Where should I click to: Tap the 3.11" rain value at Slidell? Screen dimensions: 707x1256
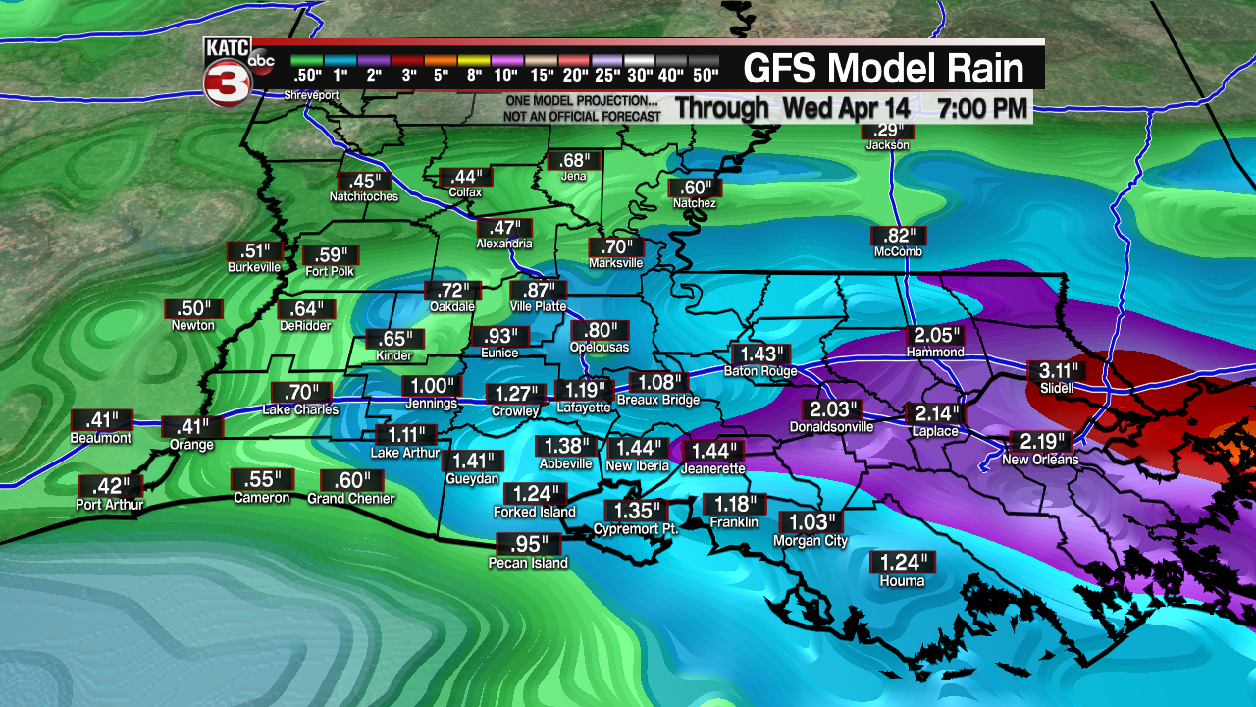point(1057,371)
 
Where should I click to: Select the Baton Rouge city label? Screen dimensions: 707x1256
point(760,371)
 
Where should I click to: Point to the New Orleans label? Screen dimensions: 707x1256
point(1040,460)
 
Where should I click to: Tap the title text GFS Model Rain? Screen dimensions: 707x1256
point(883,69)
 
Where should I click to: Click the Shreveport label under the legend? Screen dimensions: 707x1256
point(311,95)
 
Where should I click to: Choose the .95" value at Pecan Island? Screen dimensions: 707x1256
point(529,544)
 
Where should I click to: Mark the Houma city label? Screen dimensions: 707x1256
point(902,581)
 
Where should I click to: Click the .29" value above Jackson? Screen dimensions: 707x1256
point(887,132)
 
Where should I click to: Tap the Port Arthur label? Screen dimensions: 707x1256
point(110,505)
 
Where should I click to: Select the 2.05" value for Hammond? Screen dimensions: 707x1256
point(933,334)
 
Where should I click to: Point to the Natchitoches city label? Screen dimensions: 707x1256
point(364,196)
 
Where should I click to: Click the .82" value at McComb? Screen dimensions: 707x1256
point(898,235)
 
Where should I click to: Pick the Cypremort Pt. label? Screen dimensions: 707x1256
point(636,529)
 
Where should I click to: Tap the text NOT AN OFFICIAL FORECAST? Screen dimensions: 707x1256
point(582,116)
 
